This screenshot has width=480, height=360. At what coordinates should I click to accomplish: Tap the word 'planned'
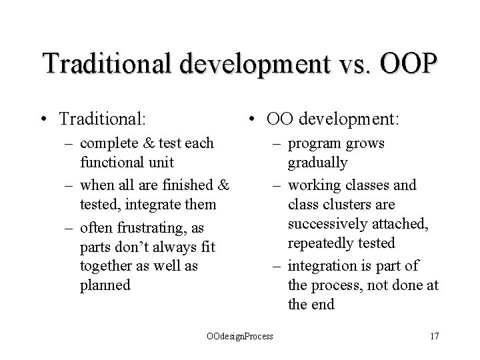105,285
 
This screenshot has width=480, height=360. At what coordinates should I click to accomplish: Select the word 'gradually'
317,163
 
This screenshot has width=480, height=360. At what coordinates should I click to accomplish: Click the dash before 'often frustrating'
70,228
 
